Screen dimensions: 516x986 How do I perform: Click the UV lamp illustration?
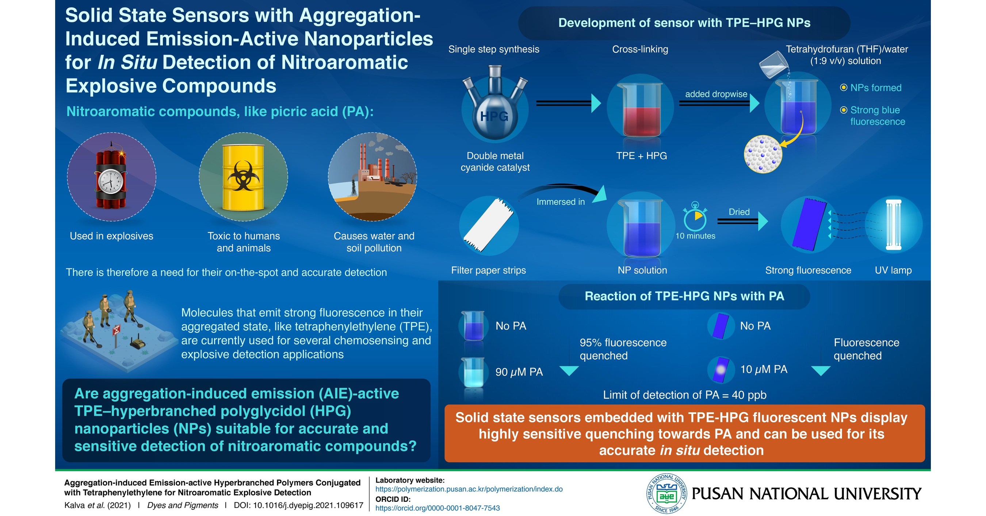[x=893, y=225]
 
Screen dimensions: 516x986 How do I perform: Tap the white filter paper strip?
[x=488, y=225]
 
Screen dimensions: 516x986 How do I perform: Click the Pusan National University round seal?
[x=666, y=493]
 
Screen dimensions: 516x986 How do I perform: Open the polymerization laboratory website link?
[x=469, y=489]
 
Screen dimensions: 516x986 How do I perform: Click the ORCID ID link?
[x=437, y=508]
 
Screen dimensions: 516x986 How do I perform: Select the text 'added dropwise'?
[x=716, y=94]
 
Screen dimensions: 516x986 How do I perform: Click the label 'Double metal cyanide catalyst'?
[x=495, y=161]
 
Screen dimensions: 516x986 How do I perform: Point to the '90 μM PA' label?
[x=519, y=372]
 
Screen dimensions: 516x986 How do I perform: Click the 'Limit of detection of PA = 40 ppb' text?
[x=684, y=395]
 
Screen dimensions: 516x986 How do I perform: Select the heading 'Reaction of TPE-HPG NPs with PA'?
[x=684, y=296]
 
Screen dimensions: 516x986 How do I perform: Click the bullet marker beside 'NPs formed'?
[x=843, y=88]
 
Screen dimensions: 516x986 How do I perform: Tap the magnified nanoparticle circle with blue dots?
[x=763, y=154]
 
